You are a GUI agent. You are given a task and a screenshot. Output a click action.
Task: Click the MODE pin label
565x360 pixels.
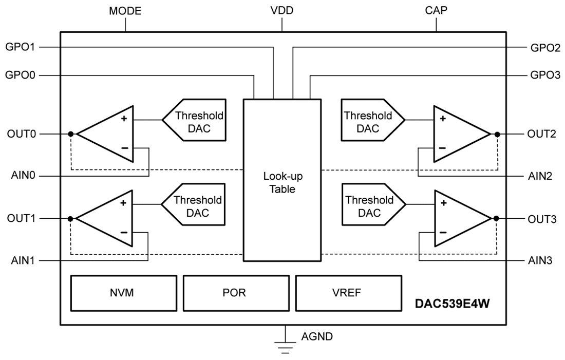(x=125, y=11)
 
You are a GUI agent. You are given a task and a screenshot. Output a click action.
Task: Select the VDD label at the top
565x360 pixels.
(x=282, y=11)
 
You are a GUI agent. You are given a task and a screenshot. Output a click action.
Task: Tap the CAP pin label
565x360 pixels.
(x=437, y=11)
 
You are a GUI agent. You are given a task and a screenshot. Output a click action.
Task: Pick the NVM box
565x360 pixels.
(x=123, y=293)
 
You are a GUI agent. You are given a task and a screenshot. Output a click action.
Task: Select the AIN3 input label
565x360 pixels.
(x=539, y=260)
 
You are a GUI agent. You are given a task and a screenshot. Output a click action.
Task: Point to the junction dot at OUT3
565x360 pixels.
(x=496, y=218)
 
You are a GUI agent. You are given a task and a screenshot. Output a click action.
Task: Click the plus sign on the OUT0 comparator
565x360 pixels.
(x=124, y=119)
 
